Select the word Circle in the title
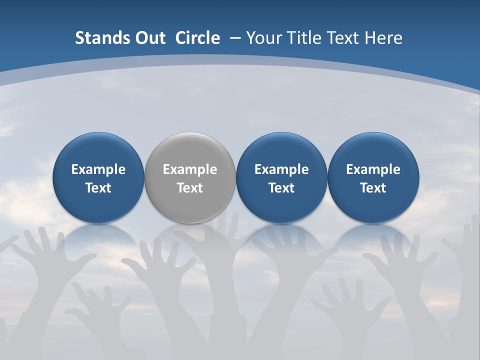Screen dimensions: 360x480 click(x=197, y=38)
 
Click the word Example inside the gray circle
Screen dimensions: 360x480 click(x=190, y=169)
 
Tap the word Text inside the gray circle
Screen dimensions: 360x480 click(x=190, y=188)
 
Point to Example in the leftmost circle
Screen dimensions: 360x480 click(x=98, y=169)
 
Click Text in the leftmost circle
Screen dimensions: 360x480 click(x=98, y=188)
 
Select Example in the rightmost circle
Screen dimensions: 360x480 click(x=373, y=169)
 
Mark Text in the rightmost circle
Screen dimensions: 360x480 click(x=373, y=188)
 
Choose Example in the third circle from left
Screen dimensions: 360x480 click(x=281, y=169)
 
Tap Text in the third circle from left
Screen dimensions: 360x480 click(x=281, y=188)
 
